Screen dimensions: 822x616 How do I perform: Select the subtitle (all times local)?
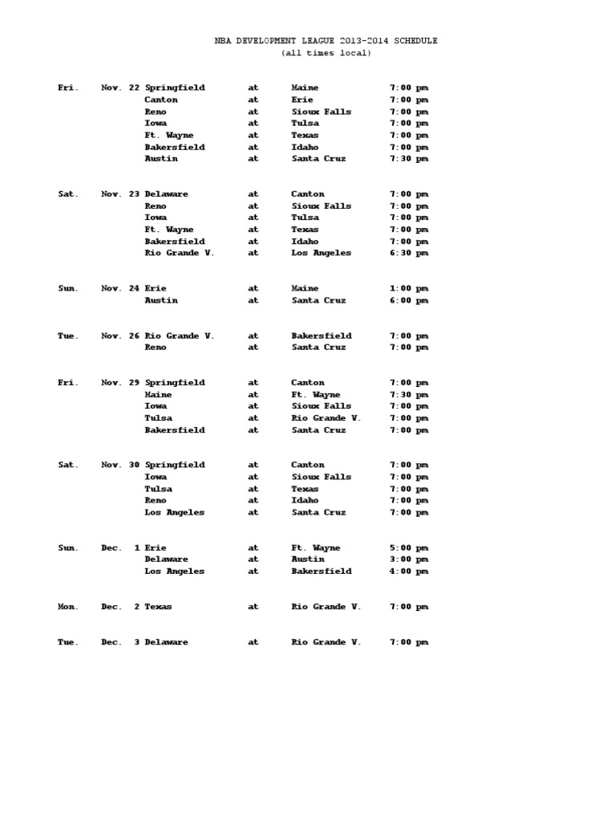[326, 53]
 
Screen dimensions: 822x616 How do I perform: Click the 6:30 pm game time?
[409, 253]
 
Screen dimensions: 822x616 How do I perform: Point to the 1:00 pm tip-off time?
[409, 288]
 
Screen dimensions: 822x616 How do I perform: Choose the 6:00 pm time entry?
[409, 300]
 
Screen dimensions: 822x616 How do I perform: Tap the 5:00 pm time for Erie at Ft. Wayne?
[409, 547]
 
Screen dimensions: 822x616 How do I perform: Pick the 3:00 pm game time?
[409, 560]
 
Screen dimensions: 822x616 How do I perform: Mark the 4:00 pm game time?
[409, 572]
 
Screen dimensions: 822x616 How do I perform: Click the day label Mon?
[67, 607]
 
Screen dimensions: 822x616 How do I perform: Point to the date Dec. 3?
[120, 642]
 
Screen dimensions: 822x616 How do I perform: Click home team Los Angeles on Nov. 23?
[321, 253]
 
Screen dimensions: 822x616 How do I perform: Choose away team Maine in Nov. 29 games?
[158, 395]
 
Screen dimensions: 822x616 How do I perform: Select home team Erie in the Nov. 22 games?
[302, 100]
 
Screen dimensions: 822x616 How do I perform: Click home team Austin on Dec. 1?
[308, 560]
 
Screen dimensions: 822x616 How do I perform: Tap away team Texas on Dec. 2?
[158, 607]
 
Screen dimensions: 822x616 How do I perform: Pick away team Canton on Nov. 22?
[161, 100]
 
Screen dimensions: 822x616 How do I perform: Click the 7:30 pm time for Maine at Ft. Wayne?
[409, 395]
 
